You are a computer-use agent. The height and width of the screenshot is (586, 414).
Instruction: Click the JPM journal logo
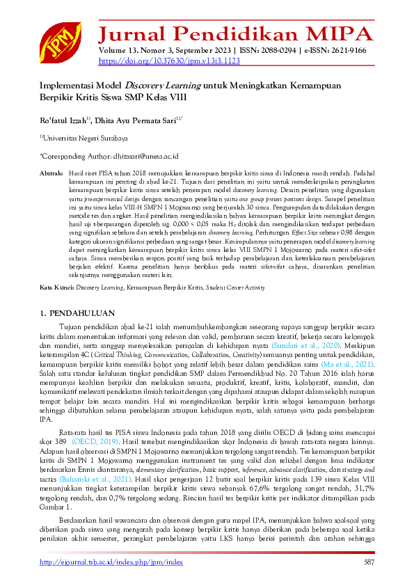59,42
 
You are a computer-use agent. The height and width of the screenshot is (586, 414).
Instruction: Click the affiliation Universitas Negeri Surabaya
85,138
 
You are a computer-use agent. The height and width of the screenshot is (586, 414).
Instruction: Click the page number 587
368,562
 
